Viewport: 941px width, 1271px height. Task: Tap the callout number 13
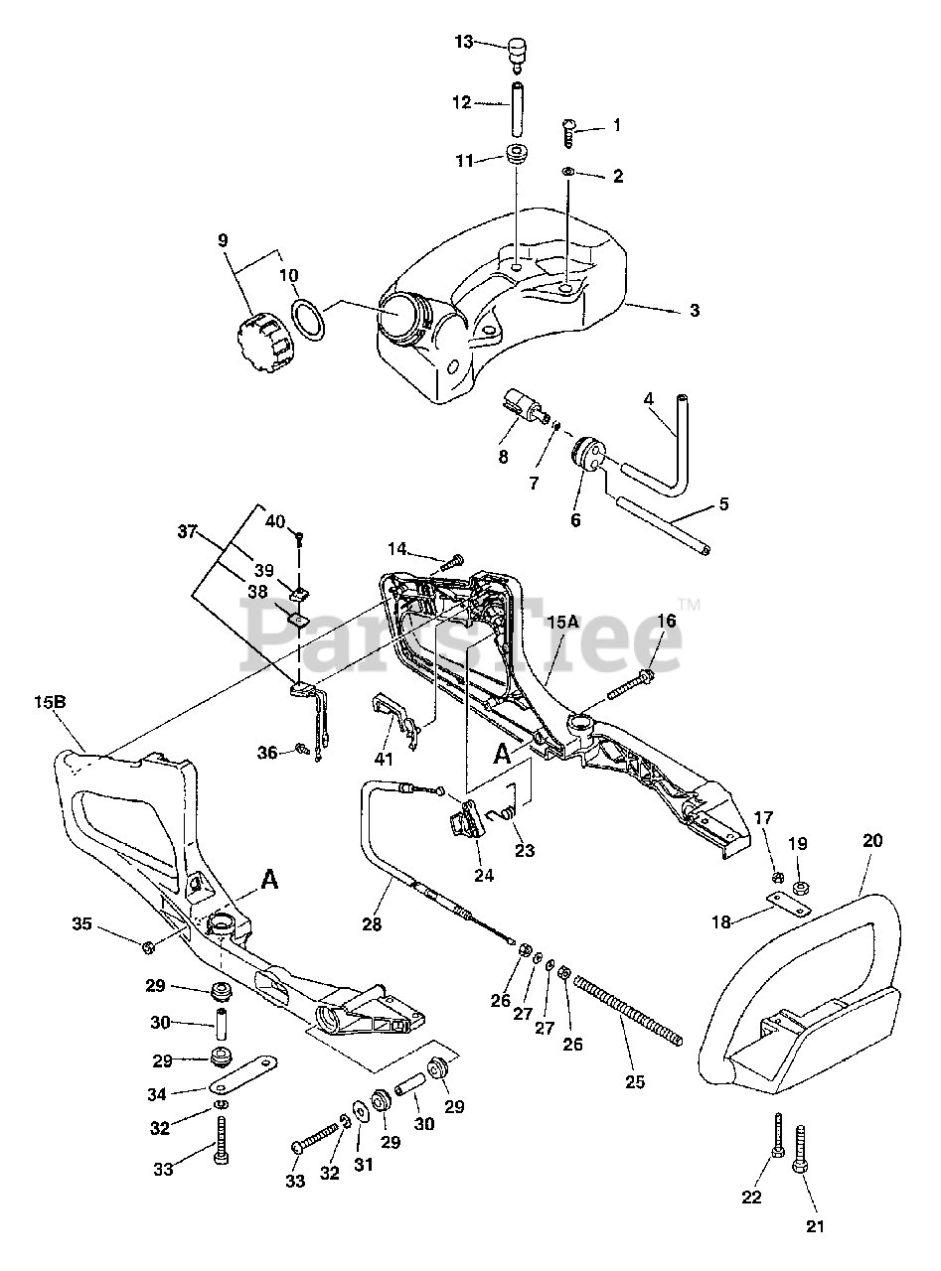click(465, 42)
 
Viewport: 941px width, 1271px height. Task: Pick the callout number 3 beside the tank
click(695, 311)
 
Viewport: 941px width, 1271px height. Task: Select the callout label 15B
click(50, 702)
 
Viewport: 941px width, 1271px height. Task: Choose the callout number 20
click(871, 840)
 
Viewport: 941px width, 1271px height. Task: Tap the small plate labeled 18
click(789, 904)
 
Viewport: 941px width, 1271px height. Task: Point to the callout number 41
click(385, 760)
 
